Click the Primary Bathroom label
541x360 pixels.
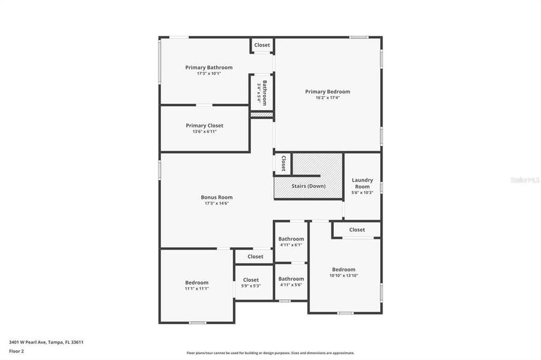(x=208, y=67)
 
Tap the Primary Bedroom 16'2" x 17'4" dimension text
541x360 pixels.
(x=327, y=98)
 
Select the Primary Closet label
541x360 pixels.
(x=204, y=125)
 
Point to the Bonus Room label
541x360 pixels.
(x=216, y=197)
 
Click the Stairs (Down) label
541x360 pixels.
(x=309, y=186)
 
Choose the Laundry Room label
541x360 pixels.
(x=362, y=183)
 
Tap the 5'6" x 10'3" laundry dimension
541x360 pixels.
(x=362, y=193)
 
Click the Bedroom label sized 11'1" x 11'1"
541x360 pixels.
(x=196, y=283)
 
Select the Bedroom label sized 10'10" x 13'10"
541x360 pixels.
(x=343, y=269)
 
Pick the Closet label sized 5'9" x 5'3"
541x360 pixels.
(x=251, y=280)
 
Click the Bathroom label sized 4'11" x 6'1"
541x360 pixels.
(x=291, y=239)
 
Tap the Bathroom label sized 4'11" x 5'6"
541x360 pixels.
(x=291, y=278)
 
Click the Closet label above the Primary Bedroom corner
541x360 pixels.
(x=262, y=45)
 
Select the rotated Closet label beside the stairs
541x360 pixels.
(x=283, y=163)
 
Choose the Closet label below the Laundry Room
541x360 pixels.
(x=357, y=230)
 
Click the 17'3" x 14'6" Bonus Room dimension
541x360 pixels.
(x=216, y=203)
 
